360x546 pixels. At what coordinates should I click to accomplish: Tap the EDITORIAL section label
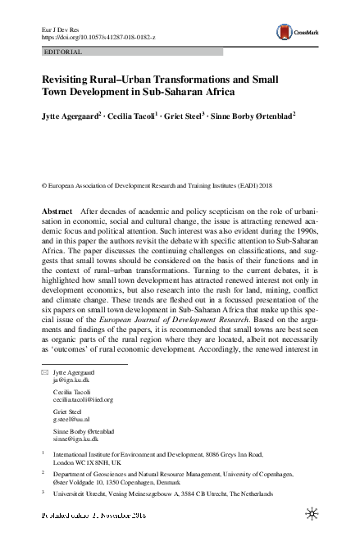click(x=61, y=51)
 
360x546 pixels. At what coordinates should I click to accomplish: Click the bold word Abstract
click(x=57, y=211)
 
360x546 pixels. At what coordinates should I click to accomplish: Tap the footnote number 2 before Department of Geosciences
click(x=43, y=473)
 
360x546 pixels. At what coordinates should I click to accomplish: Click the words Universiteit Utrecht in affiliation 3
click(x=83, y=497)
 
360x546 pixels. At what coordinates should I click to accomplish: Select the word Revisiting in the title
click(x=73, y=80)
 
